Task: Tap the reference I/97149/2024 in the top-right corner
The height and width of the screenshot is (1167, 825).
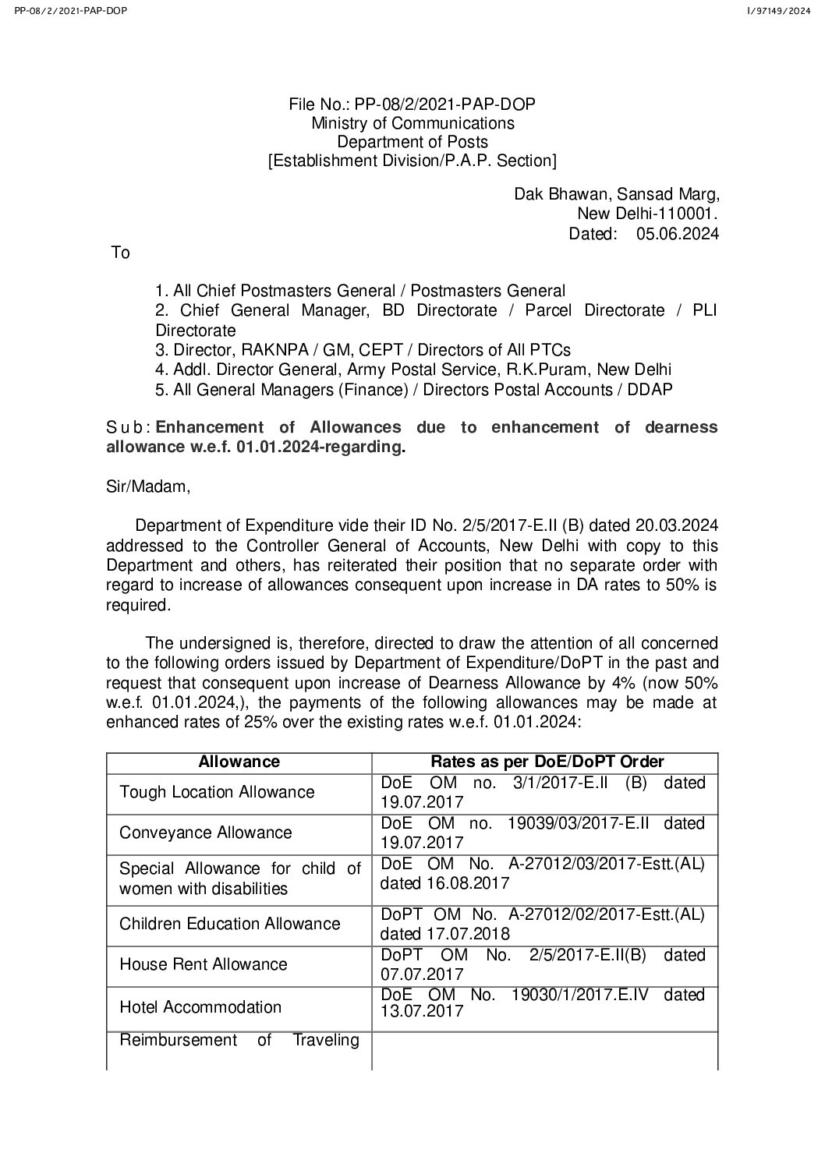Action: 779,10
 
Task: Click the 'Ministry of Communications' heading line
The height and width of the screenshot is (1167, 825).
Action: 412,123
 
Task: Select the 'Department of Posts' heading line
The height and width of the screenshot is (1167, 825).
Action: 412,142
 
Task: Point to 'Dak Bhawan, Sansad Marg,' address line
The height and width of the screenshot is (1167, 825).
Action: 616,194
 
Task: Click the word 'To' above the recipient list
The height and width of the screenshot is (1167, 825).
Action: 121,253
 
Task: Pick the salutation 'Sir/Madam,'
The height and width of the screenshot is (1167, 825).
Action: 148,487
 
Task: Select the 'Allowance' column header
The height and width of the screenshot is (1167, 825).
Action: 239,762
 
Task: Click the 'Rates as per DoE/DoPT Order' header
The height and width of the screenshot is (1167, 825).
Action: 547,762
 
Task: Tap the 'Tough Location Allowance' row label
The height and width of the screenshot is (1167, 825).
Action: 217,792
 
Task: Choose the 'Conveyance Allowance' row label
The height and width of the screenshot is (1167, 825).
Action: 206,833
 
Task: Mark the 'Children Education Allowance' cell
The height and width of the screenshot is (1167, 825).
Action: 230,924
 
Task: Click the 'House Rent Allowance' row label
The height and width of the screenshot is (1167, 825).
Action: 204,964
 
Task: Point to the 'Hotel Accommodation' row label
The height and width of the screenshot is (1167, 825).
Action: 200,1007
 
